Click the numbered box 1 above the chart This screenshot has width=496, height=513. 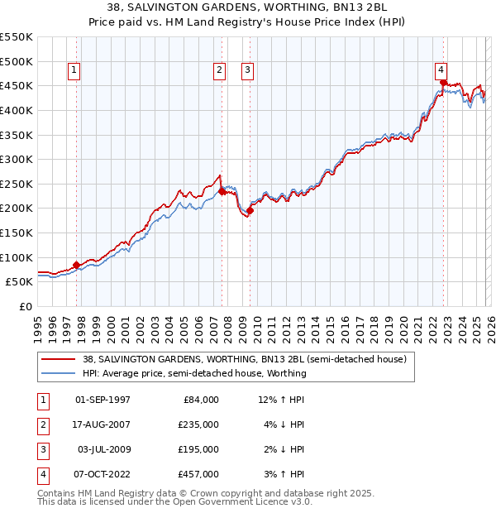point(74,71)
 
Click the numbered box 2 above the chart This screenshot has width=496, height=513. point(220,71)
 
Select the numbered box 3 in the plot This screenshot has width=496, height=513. point(247,71)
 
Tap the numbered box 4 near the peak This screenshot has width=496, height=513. point(441,71)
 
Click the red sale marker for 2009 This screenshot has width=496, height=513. point(250,210)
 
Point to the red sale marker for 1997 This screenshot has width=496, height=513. point(77,265)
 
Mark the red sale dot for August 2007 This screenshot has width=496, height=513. point(222,191)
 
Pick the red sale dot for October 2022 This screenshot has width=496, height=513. point(444,82)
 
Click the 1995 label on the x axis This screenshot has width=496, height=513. point(37,326)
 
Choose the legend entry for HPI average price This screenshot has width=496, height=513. point(194,373)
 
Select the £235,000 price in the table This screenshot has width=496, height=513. point(199,424)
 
